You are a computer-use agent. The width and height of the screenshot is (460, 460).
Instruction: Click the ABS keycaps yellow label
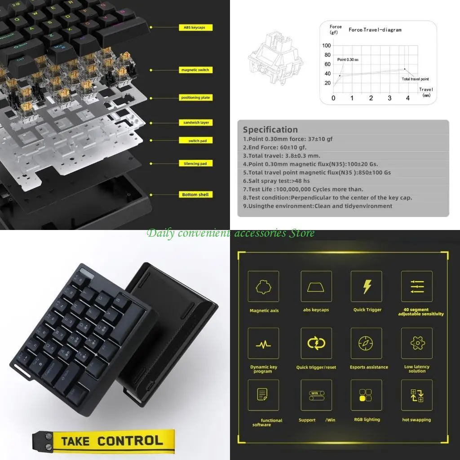tap(195, 27)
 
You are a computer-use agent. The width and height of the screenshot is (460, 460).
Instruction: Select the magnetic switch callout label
tap(195, 70)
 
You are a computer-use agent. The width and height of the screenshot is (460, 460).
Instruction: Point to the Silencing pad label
tap(195, 164)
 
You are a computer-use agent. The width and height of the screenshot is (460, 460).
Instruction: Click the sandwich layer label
tap(195, 123)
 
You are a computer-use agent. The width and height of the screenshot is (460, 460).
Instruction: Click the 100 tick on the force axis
tap(326, 46)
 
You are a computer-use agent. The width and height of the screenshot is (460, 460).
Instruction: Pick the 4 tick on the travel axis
tap(408, 98)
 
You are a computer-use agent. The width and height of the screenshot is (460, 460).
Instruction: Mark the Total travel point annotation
tap(415, 79)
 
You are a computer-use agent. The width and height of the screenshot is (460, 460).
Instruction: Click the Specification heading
tap(270, 130)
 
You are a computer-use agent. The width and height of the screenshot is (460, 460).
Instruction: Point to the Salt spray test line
tap(279, 181)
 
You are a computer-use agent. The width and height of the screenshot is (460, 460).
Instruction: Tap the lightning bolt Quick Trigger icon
tap(367, 287)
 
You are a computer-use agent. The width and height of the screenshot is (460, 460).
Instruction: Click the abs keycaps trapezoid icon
tap(316, 287)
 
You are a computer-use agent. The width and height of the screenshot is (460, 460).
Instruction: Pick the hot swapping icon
tap(416, 395)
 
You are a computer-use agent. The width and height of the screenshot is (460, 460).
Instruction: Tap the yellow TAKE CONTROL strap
tap(104, 441)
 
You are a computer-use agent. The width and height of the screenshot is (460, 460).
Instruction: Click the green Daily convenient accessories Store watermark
tap(230, 233)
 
